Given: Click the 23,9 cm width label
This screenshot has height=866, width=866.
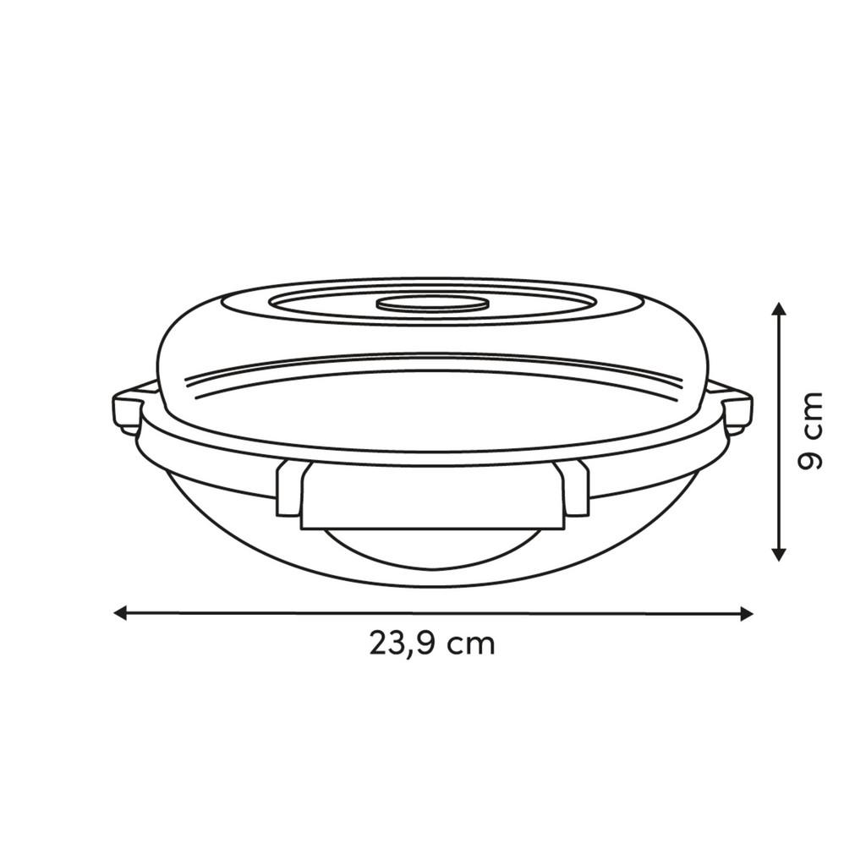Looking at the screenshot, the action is point(432,644).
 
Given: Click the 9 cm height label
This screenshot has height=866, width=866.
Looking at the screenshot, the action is point(810,430).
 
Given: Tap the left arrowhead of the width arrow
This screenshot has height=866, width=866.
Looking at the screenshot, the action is point(120,612).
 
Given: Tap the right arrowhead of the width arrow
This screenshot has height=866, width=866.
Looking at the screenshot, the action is point(746,614).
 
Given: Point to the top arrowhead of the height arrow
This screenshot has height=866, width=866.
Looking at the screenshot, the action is point(778,310).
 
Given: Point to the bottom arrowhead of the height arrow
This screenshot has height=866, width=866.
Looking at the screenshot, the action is point(778,554).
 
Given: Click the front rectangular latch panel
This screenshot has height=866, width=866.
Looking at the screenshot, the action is point(433,496).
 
